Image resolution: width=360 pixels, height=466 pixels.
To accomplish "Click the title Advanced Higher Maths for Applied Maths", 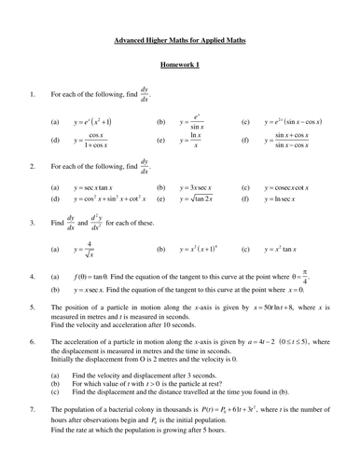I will (x=180, y=41).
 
